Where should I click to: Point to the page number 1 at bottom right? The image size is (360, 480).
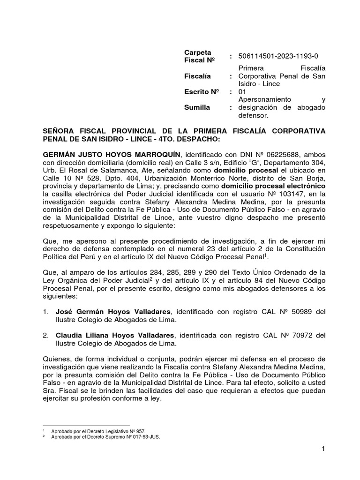[x=323, y=450]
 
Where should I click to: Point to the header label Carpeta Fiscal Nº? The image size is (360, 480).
[x=200, y=56]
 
